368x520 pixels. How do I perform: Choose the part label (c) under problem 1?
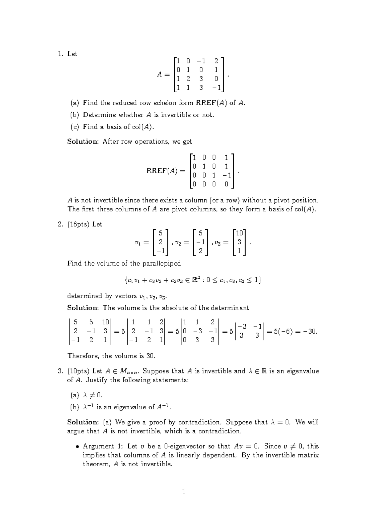pyautogui.click(x=75, y=127)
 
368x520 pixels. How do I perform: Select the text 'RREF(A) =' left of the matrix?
pyautogui.click(x=166, y=171)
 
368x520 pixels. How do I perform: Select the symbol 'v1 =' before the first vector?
pyautogui.click(x=141, y=242)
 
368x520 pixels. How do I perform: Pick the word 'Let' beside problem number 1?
pyautogui.click(x=72, y=54)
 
